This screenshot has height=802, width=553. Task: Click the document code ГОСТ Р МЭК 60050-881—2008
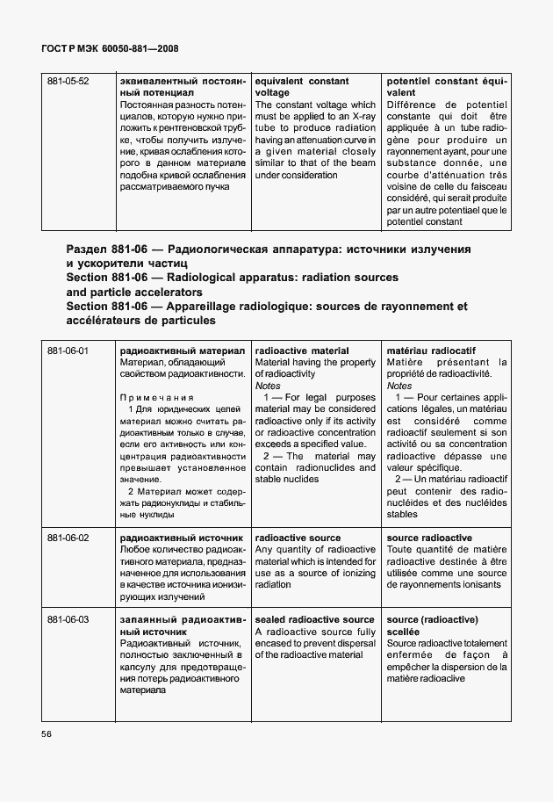tap(110, 51)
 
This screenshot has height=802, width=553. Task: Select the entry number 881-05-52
tap(68, 82)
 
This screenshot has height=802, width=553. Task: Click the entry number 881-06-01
tap(68, 351)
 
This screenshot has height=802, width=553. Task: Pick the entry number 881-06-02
tap(68, 538)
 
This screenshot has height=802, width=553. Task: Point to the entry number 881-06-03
tap(68, 620)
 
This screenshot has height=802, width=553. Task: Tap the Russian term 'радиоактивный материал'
tap(182, 351)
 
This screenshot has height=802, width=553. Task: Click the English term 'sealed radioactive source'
tap(314, 620)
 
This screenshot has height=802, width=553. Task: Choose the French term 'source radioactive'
tap(429, 538)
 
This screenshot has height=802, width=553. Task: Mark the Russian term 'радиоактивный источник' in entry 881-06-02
tap(181, 538)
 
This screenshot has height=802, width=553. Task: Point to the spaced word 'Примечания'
tap(155, 398)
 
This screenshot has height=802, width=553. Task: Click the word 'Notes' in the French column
tap(399, 386)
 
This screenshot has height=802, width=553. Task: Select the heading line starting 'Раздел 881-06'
tap(269, 249)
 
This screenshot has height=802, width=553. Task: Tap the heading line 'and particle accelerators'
tap(134, 292)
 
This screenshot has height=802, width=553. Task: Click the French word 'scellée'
tap(403, 632)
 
